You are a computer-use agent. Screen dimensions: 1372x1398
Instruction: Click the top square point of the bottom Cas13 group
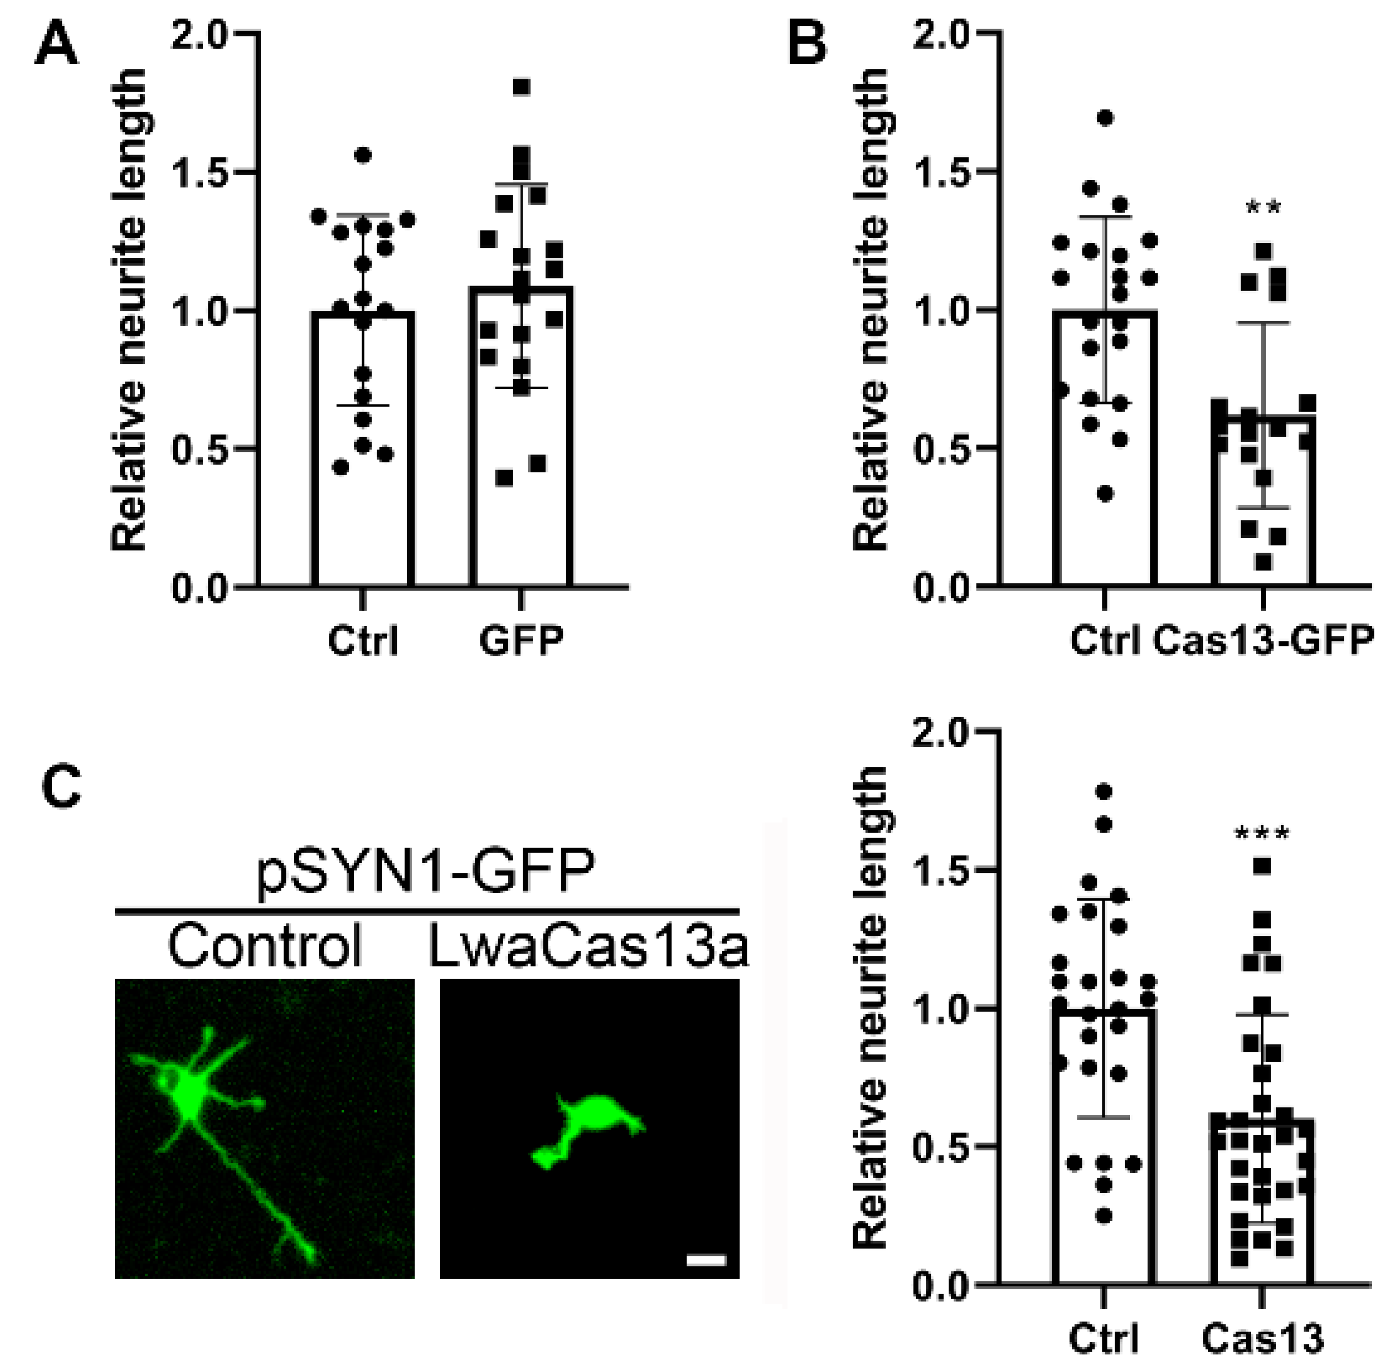coord(1262,866)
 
